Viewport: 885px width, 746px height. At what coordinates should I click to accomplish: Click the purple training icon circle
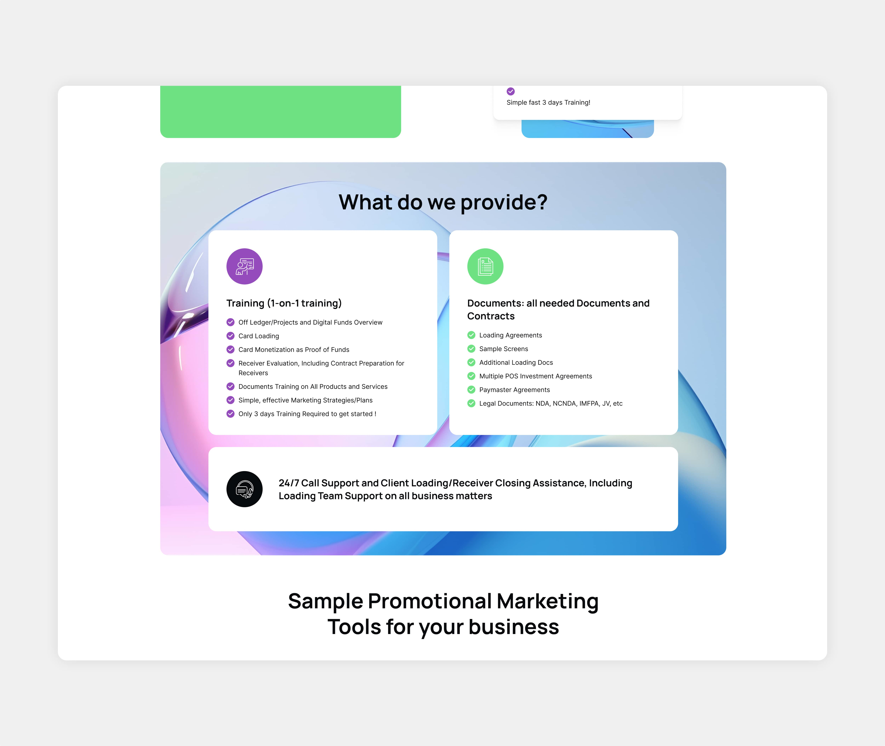coord(244,266)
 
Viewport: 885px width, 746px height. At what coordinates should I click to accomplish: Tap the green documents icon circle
coord(485,266)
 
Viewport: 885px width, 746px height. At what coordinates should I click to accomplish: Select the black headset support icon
coord(244,489)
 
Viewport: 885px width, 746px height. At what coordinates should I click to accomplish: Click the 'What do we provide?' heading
coord(443,202)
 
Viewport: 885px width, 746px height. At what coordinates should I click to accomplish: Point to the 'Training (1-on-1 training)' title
coord(284,303)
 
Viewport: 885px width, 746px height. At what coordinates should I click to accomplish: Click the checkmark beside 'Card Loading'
coord(231,336)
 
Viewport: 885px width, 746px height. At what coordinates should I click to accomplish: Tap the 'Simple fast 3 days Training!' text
coord(548,102)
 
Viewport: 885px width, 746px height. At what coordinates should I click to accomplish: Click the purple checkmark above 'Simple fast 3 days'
coord(511,91)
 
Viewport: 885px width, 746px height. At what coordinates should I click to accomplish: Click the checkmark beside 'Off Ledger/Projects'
coord(231,322)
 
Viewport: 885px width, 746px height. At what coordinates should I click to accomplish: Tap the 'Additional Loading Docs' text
coord(516,362)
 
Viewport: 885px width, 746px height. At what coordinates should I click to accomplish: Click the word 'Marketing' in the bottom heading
coord(547,601)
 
